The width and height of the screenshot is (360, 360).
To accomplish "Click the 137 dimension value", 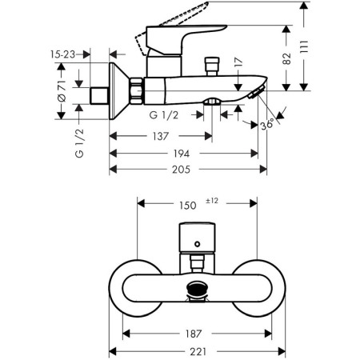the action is (161, 136).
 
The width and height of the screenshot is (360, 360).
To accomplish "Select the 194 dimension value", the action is (182, 154).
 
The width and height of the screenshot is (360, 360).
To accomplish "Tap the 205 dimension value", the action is (181, 170).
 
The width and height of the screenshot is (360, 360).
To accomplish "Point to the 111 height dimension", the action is (304, 47).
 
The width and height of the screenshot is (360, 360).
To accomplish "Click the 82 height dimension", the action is (287, 58).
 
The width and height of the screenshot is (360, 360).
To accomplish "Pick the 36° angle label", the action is (267, 124).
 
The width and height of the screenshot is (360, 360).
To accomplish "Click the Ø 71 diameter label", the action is (62, 90).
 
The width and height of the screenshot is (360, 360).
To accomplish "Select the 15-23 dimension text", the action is (63, 54).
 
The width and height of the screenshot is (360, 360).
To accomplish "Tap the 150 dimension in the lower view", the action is (188, 206).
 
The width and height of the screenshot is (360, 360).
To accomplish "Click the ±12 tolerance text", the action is (212, 201).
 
